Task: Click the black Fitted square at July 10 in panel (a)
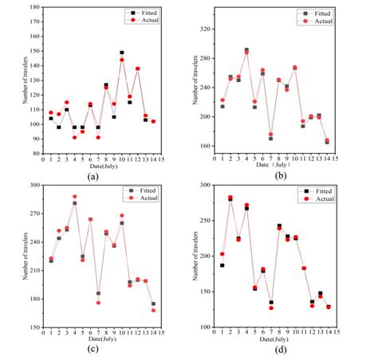tap(122, 53)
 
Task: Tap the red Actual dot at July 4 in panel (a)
tap(75, 137)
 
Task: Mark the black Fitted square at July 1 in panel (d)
tap(222, 265)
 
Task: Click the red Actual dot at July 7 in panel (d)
tap(270, 307)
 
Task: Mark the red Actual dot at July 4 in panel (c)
tap(75, 197)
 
